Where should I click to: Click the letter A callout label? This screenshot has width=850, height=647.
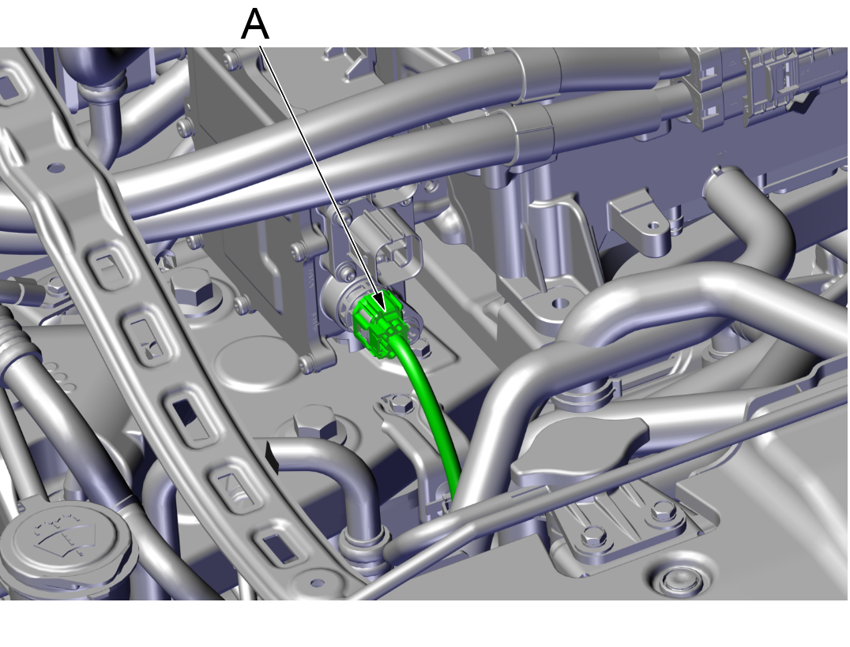click(255, 24)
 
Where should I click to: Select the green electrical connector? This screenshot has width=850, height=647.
click(378, 325)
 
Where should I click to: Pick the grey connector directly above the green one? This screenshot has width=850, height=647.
click(391, 244)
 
